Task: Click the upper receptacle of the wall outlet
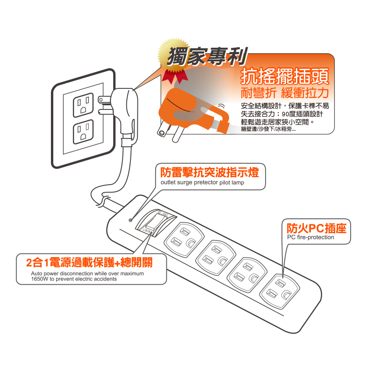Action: (x=83, y=105)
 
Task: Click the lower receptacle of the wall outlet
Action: (x=83, y=132)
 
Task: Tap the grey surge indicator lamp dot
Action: (x=130, y=220)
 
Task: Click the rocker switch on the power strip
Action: (x=156, y=223)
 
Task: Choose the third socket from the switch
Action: (x=247, y=274)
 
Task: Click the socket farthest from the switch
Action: (x=280, y=291)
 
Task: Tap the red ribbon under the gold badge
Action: (x=175, y=76)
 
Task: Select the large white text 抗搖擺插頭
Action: (x=285, y=76)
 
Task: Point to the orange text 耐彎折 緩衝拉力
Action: (x=285, y=93)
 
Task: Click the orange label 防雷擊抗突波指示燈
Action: (x=209, y=172)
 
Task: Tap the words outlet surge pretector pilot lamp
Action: (x=202, y=182)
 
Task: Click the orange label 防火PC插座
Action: (x=316, y=228)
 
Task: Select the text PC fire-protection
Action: (x=310, y=237)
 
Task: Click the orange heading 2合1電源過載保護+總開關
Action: (x=89, y=263)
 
